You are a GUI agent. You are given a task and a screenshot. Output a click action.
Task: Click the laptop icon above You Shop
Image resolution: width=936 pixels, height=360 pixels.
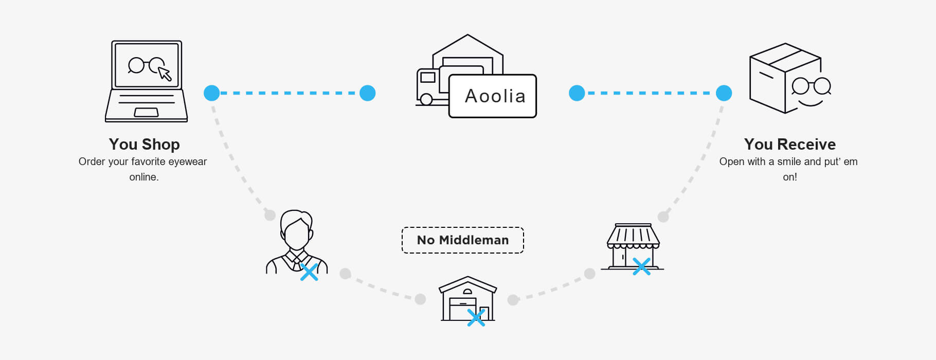(147, 81)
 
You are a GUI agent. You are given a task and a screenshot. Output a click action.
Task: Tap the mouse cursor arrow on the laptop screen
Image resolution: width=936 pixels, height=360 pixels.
(165, 74)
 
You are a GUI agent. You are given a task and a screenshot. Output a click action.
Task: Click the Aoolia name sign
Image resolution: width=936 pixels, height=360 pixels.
(493, 96)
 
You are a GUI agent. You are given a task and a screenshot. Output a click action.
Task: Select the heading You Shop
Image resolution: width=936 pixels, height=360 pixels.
(145, 144)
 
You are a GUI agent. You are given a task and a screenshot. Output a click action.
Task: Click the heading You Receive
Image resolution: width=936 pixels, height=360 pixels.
(790, 144)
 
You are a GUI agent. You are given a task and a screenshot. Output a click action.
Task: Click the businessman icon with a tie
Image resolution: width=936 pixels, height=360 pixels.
(297, 241)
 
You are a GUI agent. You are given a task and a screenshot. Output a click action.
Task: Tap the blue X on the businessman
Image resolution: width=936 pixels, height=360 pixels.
(309, 272)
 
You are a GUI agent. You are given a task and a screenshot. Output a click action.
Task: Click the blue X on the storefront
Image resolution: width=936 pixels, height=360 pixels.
(642, 266)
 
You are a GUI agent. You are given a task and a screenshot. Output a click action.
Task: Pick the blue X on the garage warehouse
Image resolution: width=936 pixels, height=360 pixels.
(476, 317)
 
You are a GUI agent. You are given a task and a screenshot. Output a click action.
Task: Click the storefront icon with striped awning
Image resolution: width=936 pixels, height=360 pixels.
(633, 246)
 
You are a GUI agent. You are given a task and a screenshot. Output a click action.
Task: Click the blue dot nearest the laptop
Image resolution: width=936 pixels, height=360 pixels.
(212, 93)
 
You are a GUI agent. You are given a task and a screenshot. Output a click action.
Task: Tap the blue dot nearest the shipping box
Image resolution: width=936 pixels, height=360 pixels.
(724, 93)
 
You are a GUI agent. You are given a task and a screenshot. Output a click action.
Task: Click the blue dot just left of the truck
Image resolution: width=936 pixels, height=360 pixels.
(368, 93)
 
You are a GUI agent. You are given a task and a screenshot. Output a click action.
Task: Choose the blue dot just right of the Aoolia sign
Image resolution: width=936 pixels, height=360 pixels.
(577, 93)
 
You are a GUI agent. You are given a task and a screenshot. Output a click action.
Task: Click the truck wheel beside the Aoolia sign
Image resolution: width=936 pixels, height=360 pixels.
(426, 99)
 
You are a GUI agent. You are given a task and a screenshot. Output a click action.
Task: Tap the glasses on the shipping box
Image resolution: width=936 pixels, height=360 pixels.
(811, 86)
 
